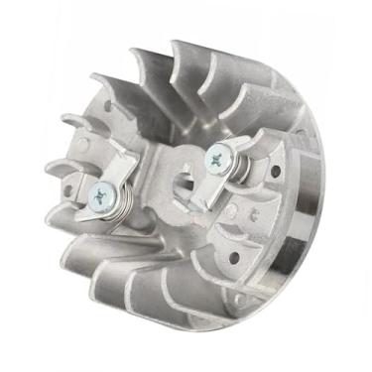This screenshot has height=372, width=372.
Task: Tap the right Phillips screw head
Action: [216, 156]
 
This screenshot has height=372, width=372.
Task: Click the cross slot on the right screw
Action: [216, 156]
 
